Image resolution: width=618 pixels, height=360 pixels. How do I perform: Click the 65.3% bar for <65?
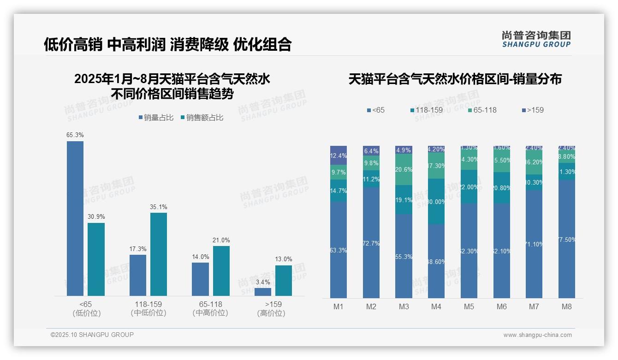(x=75, y=218)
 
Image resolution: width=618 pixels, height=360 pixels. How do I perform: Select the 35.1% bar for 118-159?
(x=159, y=254)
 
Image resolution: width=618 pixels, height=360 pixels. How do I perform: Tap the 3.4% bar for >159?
(x=263, y=292)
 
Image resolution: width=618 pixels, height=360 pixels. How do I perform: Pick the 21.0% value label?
(x=221, y=240)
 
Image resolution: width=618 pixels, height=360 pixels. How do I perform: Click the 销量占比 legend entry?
(x=156, y=118)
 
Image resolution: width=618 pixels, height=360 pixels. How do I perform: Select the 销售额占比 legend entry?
(x=202, y=118)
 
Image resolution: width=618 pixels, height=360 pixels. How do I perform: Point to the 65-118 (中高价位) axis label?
(x=210, y=308)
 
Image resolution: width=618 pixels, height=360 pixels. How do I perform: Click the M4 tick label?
(x=436, y=306)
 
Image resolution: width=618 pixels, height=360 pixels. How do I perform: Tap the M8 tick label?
(x=567, y=306)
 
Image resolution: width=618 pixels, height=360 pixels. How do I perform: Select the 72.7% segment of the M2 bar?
(x=371, y=243)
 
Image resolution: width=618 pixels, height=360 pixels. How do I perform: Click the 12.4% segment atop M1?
(x=339, y=155)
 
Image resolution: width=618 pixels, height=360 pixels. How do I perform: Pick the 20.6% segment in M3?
(x=404, y=169)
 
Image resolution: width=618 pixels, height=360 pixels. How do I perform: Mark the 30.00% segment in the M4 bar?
(x=436, y=201)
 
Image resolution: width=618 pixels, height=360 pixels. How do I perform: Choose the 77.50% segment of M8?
(x=567, y=239)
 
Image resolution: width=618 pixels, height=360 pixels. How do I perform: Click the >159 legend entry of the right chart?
(x=533, y=110)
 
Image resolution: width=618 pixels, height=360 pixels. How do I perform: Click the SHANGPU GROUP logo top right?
(x=536, y=39)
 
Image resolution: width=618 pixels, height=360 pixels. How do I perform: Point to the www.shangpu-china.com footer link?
(x=537, y=335)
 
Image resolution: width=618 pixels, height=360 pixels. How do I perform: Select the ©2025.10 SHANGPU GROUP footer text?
(x=92, y=335)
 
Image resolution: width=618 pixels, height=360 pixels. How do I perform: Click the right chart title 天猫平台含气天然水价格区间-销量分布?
(x=455, y=79)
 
